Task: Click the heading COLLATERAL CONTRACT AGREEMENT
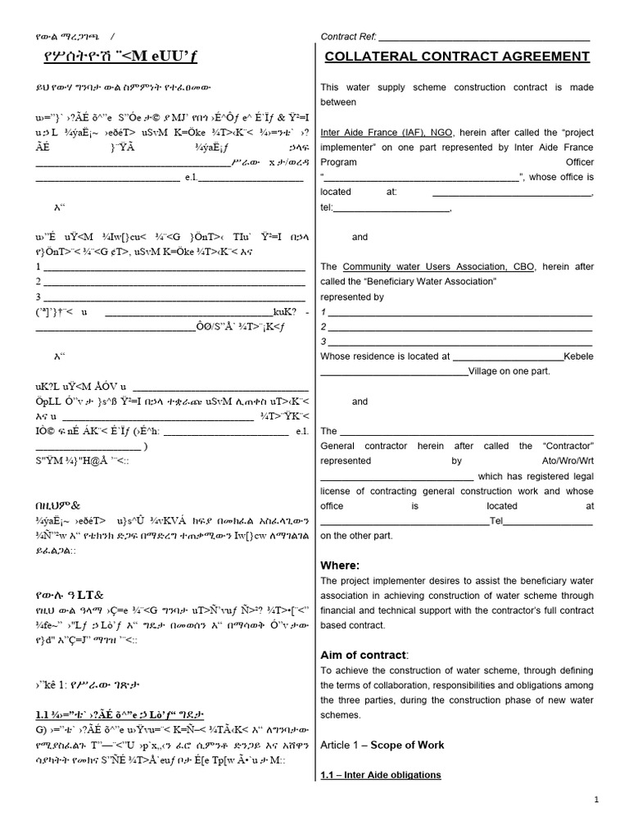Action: [x=456, y=56]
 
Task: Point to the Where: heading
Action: [x=340, y=565]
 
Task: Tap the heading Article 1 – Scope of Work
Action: [x=382, y=745]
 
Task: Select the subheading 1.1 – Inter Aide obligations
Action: [x=381, y=775]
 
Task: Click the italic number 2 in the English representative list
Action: [x=324, y=327]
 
